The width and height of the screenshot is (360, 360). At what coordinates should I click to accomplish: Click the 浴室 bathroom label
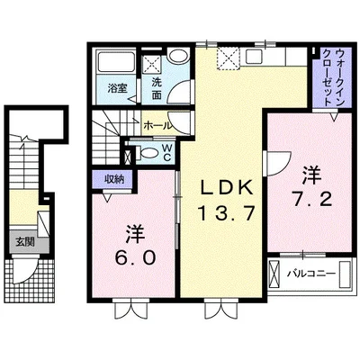(116, 89)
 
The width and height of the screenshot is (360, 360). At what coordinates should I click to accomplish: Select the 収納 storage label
(112, 179)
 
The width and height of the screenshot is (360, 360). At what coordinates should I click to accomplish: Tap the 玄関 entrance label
(22, 241)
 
